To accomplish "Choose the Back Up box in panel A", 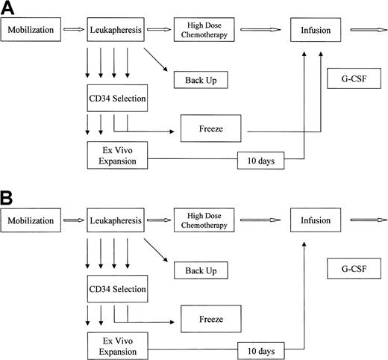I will (199, 79).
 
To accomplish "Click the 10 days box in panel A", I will (262, 160).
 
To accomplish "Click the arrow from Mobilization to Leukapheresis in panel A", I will (72, 31).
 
